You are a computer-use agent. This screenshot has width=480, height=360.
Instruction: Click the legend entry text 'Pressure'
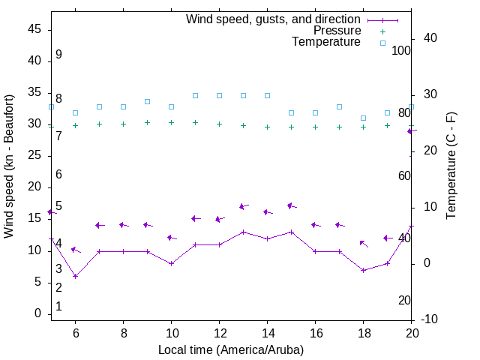coord(337,31)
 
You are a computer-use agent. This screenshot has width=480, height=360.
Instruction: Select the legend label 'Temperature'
coord(326,42)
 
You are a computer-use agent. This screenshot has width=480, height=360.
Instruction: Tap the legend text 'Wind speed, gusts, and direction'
coord(273,19)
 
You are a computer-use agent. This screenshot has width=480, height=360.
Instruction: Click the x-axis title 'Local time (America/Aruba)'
coord(231,349)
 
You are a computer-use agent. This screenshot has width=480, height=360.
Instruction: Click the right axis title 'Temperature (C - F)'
coord(451,166)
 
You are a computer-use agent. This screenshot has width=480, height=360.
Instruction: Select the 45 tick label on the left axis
coord(34,29)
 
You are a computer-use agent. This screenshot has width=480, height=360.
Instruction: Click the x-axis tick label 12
coord(219,333)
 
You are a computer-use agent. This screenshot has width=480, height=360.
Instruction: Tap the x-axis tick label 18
coord(363,333)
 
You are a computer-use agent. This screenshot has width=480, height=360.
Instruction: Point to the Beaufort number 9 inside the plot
coord(58,55)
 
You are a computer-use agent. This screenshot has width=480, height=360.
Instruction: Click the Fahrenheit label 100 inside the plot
coord(401,50)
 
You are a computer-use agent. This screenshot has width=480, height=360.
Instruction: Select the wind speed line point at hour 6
coord(75,277)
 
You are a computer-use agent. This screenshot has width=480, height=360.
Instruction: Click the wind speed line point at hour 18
coord(363,270)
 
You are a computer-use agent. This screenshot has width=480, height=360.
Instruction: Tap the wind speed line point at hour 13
coord(243,232)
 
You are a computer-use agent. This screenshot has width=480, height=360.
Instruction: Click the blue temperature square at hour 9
coord(147,101)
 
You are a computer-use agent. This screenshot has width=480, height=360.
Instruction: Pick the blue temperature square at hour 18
coord(363,118)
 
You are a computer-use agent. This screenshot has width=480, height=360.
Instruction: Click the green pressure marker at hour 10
coord(171,122)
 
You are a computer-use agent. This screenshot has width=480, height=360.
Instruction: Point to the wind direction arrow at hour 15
coord(292,205)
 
